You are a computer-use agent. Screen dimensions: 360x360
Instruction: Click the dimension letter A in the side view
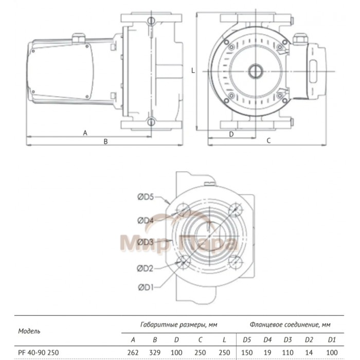pos(85,133)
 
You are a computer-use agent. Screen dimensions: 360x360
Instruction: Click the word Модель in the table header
pos(29,331)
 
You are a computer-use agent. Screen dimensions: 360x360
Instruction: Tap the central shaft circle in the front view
pos(255,70)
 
